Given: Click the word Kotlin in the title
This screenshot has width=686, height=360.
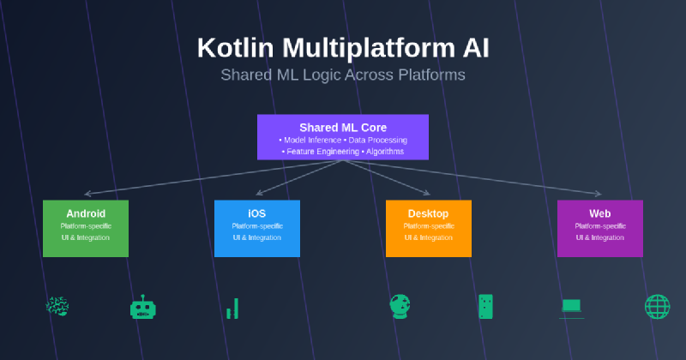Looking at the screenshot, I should (x=231, y=47).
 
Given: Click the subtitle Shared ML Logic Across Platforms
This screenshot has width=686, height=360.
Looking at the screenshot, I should (x=343, y=75).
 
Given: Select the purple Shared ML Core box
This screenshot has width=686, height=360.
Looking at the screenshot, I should (x=343, y=137).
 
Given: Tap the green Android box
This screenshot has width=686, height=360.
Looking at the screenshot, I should (x=86, y=228).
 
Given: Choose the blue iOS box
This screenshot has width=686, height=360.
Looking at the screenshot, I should (x=257, y=228).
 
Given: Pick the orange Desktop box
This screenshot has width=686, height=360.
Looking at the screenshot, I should (x=429, y=228).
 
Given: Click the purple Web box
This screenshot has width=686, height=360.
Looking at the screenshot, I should (x=600, y=228).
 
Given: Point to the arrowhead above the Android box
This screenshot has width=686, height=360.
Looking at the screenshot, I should (x=87, y=194).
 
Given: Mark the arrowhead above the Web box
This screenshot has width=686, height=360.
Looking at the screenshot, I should (x=598, y=194).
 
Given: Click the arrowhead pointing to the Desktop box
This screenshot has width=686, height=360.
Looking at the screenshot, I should (x=426, y=193).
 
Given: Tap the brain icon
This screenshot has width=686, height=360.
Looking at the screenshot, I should (x=57, y=306).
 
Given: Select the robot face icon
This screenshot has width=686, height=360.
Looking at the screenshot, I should (x=141, y=307).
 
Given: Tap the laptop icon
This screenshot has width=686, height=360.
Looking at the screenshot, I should (x=572, y=306).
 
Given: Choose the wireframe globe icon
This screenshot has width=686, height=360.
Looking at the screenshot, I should (x=657, y=306).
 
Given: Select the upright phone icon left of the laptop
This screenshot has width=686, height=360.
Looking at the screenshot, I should (x=486, y=306).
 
